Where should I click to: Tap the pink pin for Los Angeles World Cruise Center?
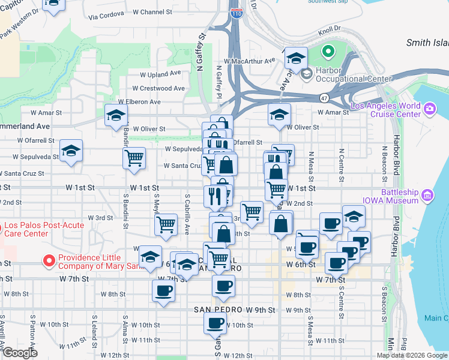[429, 109]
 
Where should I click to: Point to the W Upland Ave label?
[160, 74]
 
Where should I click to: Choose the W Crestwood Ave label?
[162, 88]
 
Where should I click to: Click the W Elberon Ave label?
[139, 102]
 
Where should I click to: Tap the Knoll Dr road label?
[329, 28]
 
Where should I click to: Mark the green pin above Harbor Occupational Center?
[328, 52]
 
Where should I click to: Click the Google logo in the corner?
[20, 353]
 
